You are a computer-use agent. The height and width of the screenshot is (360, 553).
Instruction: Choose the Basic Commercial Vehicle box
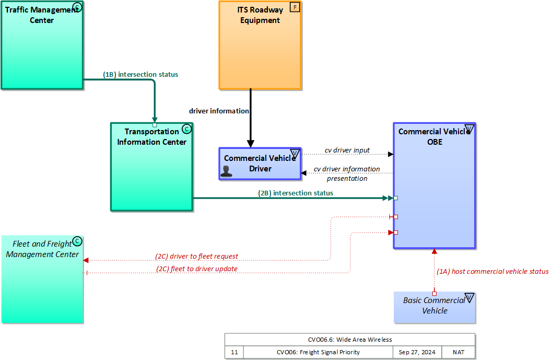[434, 306]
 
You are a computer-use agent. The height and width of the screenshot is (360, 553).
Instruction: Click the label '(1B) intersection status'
[140, 75]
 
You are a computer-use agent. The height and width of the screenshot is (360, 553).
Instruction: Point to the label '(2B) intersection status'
[296, 193]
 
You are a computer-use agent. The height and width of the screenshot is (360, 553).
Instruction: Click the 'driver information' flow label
[219, 111]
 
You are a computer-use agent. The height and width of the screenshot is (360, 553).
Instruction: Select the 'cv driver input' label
[347, 150]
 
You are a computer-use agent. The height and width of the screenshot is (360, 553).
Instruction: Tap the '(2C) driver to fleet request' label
[196, 257]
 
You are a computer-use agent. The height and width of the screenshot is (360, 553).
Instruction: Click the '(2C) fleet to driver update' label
[196, 269]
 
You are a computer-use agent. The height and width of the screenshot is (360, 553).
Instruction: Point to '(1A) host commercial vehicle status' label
[492, 272]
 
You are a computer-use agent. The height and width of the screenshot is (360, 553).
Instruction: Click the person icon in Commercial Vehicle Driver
[227, 171]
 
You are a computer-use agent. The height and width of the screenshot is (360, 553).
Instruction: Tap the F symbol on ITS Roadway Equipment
[295, 8]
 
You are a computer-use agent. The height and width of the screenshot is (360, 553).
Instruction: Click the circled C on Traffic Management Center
[77, 7]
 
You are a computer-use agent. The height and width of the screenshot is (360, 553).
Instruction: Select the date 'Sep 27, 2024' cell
[417, 352]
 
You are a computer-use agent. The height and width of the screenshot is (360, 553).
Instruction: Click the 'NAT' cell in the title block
[458, 352]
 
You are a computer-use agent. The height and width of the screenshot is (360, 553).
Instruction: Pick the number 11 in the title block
[234, 352]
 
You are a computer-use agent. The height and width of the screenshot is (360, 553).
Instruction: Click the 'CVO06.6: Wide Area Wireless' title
[350, 339]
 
